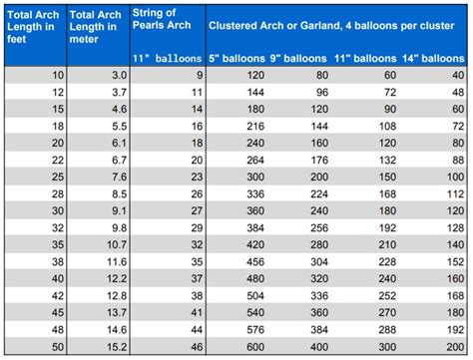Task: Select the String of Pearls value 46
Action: tap(194, 348)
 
